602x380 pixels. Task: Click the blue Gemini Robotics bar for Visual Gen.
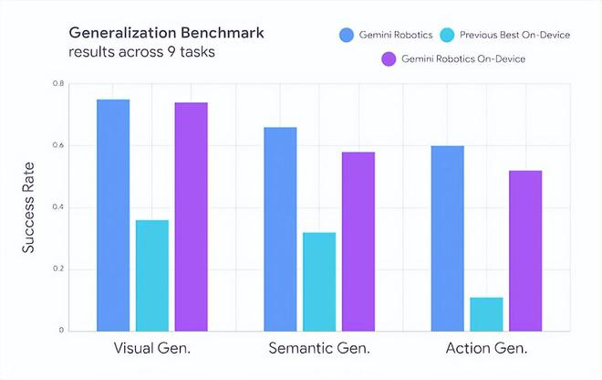click(x=113, y=215)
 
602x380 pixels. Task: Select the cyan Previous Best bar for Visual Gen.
click(x=152, y=275)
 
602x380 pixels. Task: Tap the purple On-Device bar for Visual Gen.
click(x=191, y=216)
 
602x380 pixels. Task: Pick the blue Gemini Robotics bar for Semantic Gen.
click(x=280, y=228)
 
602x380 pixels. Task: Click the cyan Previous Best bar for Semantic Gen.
click(x=319, y=281)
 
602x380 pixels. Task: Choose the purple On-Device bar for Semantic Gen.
click(x=358, y=241)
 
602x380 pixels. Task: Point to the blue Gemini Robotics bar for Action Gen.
click(x=447, y=237)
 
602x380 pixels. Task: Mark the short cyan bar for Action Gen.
click(x=486, y=313)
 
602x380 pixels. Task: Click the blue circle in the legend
click(x=347, y=36)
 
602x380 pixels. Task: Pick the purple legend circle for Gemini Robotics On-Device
click(x=386, y=59)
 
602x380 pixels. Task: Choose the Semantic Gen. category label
click(x=318, y=349)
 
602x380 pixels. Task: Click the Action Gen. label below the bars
click(x=486, y=349)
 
